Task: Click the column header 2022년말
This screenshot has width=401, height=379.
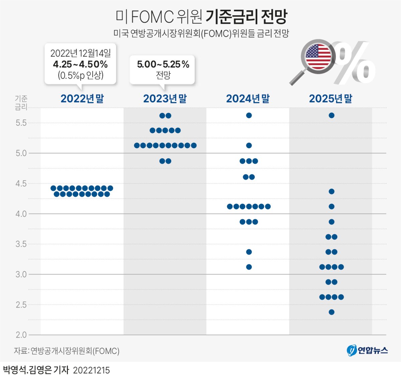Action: coord(82,99)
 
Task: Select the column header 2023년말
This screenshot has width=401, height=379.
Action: coord(165,99)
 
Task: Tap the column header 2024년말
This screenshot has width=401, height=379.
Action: coord(248,99)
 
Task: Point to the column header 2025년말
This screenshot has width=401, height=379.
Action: coord(330,99)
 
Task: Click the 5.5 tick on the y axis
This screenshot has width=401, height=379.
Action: coord(21,123)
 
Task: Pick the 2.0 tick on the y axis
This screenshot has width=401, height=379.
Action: coord(21,335)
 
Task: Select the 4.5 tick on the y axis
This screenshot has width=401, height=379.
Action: coord(21,183)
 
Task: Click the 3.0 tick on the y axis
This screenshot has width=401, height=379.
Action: coord(21,274)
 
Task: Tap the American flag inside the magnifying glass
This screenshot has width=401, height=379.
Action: coord(318,56)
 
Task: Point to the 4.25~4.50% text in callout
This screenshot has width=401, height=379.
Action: coord(80,64)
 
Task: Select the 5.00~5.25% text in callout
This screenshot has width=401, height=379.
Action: coord(163,64)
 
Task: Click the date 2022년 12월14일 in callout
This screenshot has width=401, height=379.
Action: coord(80,53)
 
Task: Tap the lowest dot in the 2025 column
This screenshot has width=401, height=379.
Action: coord(331,312)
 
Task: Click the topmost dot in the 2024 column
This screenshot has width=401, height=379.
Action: coord(249,115)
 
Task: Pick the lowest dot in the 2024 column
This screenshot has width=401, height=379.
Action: coord(249,267)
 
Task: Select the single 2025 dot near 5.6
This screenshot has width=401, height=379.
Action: coord(331,115)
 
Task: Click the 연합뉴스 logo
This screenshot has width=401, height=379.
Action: coord(367,350)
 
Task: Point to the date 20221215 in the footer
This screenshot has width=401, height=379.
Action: coord(91,370)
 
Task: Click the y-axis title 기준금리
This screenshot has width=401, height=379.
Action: coord(21,103)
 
